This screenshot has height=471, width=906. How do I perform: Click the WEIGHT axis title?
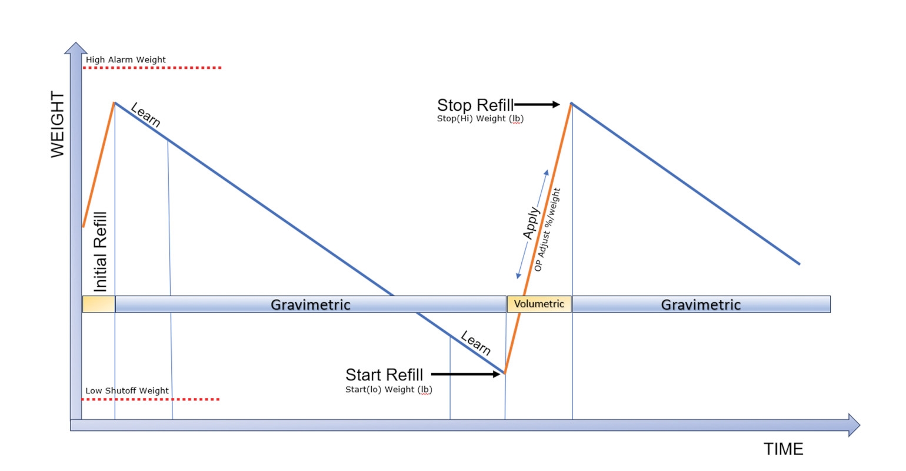(58, 125)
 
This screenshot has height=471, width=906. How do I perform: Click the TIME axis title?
(783, 449)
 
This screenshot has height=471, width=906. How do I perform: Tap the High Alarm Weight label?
(125, 59)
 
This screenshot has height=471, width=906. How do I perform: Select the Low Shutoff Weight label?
(127, 390)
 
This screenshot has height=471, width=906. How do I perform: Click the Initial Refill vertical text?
(101, 252)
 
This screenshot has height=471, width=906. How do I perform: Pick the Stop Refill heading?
(475, 105)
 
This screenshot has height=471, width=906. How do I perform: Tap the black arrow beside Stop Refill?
(538, 105)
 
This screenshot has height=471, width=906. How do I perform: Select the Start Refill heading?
(384, 374)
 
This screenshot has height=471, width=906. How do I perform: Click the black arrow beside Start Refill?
(466, 374)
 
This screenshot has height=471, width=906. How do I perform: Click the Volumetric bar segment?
(539, 304)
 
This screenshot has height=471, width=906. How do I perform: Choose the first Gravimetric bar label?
(310, 304)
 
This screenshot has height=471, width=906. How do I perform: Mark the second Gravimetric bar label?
(701, 304)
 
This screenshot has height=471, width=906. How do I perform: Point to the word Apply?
(531, 223)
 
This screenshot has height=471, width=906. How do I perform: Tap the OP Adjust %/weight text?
(547, 230)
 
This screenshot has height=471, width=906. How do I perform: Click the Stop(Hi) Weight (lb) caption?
(480, 119)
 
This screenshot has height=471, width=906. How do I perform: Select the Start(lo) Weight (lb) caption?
(388, 390)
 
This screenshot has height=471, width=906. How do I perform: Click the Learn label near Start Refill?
(475, 343)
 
